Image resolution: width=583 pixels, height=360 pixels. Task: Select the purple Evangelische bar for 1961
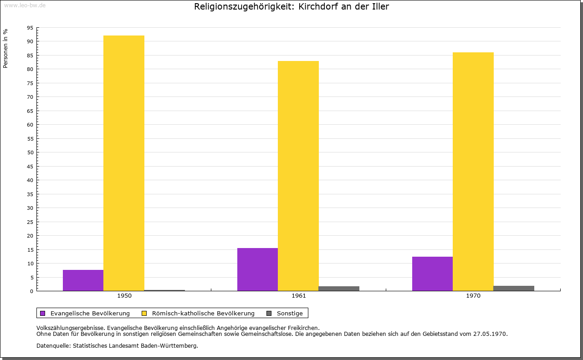point(257,269)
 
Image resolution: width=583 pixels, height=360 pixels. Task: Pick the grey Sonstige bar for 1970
point(514,289)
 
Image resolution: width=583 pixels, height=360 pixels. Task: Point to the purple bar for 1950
point(83,280)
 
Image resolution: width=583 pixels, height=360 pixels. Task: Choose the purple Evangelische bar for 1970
point(432,274)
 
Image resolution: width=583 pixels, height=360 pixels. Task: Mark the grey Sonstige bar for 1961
point(339,289)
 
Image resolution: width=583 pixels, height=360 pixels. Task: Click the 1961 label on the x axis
point(299,296)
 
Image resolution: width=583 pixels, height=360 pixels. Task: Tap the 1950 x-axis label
point(124,296)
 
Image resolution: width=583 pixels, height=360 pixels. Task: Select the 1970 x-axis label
point(473,296)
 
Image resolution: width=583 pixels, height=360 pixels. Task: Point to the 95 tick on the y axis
point(30,28)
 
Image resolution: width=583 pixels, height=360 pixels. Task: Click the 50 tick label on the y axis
point(30,152)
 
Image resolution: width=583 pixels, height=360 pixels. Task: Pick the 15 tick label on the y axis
point(30,250)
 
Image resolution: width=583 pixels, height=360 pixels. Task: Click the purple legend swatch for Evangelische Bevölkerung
point(43,313)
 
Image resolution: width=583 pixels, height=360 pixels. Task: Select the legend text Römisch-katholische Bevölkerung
point(203,313)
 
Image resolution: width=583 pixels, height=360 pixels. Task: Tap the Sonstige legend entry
point(290,313)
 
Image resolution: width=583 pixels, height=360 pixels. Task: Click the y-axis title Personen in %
point(5,48)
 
